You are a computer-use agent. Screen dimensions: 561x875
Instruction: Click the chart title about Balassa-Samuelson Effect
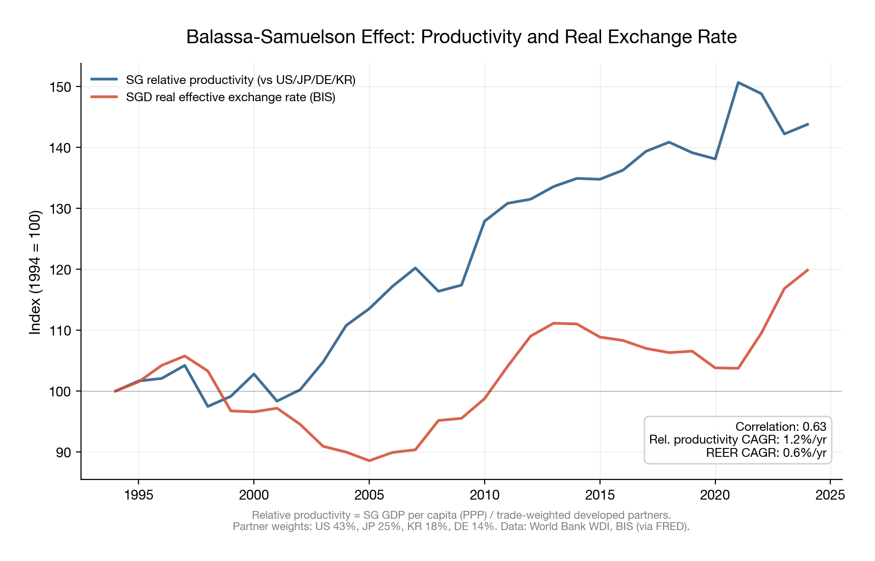pos(461,37)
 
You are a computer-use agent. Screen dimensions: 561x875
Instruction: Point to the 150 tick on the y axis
pos(60,87)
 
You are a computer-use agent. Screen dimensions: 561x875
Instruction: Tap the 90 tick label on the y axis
pos(63,452)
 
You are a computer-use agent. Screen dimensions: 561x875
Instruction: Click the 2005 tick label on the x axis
pos(369,495)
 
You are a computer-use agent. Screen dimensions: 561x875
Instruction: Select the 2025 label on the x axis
pos(830,495)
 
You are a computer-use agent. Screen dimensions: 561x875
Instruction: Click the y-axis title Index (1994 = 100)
pos(35,273)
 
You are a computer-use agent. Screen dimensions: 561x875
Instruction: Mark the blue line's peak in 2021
pos(738,83)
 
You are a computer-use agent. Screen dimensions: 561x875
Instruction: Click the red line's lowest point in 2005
pos(369,461)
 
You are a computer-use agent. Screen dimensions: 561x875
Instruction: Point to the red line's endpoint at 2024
pos(807,270)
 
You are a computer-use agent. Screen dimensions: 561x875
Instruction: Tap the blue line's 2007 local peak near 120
pos(415,268)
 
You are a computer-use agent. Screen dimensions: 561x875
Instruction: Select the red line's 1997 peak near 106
pos(185,356)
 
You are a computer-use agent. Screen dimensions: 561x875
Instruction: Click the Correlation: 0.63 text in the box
pos(780,426)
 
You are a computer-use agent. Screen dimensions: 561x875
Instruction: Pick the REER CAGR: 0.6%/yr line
pos(766,453)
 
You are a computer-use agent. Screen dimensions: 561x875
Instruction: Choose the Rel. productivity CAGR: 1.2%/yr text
pos(738,440)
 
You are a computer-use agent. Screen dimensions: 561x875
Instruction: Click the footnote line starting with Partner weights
pos(461,527)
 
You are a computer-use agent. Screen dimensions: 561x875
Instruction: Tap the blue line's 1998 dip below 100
pos(208,406)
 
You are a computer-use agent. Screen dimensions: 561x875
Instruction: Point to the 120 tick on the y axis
pos(60,270)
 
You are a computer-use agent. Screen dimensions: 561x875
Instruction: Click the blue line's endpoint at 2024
pos(807,124)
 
